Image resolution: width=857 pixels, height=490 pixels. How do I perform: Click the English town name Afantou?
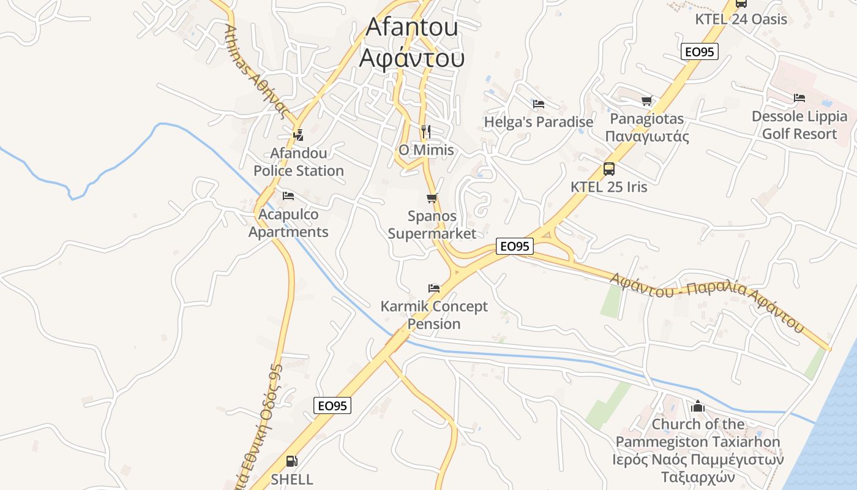(x=412, y=27)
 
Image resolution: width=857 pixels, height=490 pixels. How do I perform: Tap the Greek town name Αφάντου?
(x=412, y=58)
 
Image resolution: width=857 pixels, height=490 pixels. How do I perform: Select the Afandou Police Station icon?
(x=298, y=135)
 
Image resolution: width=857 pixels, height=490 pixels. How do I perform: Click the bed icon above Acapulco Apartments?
(x=288, y=196)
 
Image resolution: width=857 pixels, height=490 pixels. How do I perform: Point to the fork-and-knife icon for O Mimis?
(x=426, y=131)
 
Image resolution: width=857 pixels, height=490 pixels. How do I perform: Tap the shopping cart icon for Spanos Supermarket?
(x=432, y=198)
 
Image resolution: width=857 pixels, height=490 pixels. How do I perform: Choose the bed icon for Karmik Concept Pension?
(x=434, y=288)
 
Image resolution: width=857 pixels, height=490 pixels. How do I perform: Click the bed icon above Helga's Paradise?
(x=539, y=104)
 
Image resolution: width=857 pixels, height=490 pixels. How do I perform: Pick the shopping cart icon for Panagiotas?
(x=646, y=100)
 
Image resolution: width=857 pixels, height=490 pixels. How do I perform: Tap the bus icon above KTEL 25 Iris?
(x=608, y=168)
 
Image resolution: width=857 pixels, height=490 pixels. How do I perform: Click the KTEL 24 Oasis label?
(x=741, y=19)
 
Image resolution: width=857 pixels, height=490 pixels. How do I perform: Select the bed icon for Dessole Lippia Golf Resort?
(x=799, y=98)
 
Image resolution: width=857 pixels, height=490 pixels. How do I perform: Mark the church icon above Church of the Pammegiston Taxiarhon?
(x=697, y=406)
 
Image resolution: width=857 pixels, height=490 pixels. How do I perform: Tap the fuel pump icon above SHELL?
(x=292, y=461)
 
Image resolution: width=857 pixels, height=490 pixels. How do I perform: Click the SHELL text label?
(x=292, y=479)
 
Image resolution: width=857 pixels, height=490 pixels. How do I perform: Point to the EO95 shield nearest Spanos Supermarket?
(x=514, y=246)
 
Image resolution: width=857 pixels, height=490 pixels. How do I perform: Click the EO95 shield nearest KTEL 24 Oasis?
(x=699, y=52)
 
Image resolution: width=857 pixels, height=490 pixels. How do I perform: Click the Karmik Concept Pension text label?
(x=434, y=315)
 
